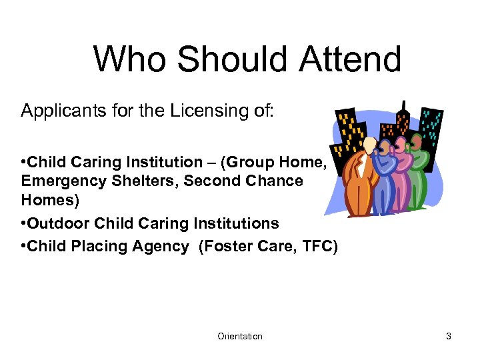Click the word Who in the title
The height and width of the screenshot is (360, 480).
[x=130, y=59]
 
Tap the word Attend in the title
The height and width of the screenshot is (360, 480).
[x=350, y=59]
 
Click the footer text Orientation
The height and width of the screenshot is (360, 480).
[x=240, y=337]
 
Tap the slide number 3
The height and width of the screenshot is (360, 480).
[x=449, y=337]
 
